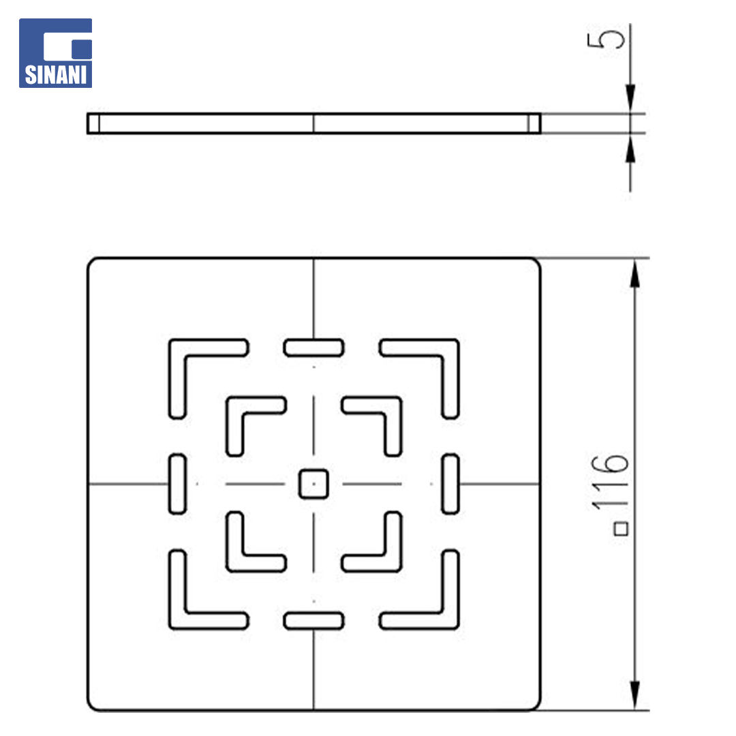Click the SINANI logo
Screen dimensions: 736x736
[55, 53]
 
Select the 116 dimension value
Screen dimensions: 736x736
[609, 482]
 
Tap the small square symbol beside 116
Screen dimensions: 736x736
[621, 529]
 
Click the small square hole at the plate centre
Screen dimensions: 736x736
[313, 483]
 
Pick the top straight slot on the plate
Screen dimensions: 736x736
[313, 348]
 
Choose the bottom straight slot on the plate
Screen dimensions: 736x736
[313, 621]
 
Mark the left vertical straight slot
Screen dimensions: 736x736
[177, 483]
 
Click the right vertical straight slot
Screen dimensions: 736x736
[450, 483]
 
